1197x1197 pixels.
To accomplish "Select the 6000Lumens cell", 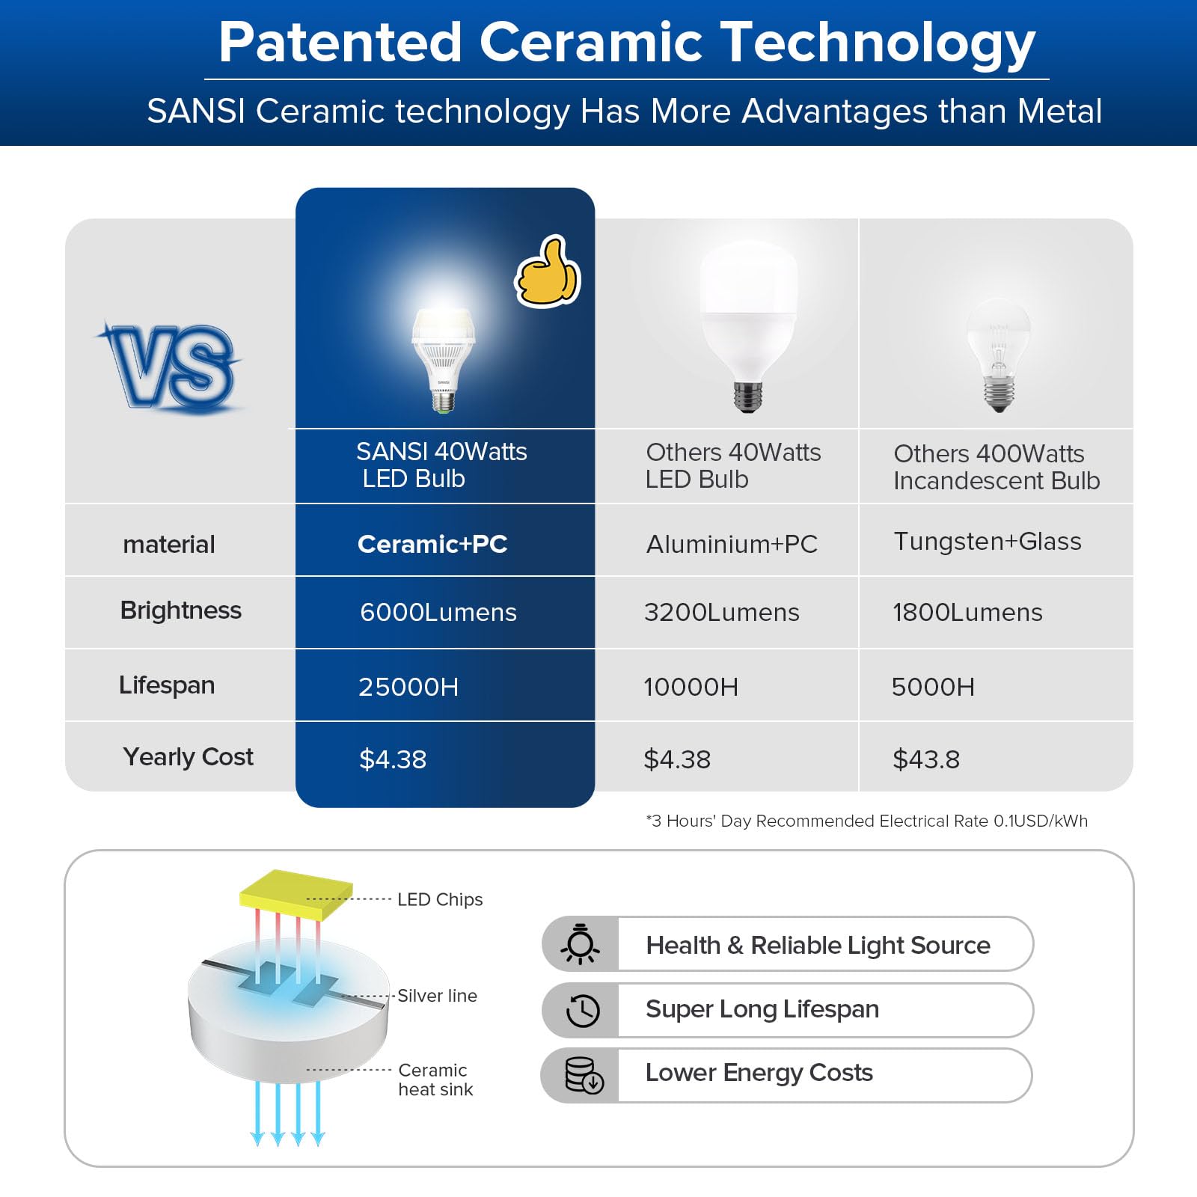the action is click(x=438, y=612).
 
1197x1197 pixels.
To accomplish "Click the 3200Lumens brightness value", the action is click(x=722, y=612).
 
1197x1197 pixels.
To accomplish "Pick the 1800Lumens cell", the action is click(x=967, y=612).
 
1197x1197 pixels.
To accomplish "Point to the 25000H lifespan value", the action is click(x=408, y=687).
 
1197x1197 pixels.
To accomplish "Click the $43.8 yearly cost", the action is click(x=926, y=759).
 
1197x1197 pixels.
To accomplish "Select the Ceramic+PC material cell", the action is click(x=432, y=544).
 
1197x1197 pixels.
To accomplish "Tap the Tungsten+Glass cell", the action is click(x=988, y=541).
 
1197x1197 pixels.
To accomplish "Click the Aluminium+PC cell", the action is click(x=732, y=544).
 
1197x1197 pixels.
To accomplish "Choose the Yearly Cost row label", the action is click(x=189, y=757).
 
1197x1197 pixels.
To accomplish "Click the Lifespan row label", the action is click(x=167, y=685).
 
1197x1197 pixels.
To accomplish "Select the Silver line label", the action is click(x=437, y=996).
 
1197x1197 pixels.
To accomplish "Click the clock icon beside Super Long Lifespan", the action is click(x=583, y=1011).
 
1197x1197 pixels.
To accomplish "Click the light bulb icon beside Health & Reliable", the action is click(x=581, y=944).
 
